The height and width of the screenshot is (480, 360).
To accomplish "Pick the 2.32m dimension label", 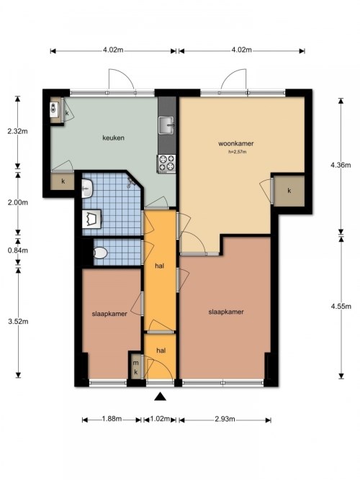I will pyautogui.click(x=17, y=132).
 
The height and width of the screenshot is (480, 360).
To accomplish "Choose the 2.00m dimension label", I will pyautogui.click(x=17, y=202).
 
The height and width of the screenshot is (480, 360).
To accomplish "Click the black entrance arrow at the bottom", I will pyautogui.click(x=160, y=394).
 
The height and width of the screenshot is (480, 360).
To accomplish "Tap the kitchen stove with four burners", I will pyautogui.click(x=166, y=163).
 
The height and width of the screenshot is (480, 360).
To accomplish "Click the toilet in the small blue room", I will pyautogui.click(x=101, y=253).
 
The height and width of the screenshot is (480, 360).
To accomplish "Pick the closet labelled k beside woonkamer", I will pyautogui.click(x=289, y=191).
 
